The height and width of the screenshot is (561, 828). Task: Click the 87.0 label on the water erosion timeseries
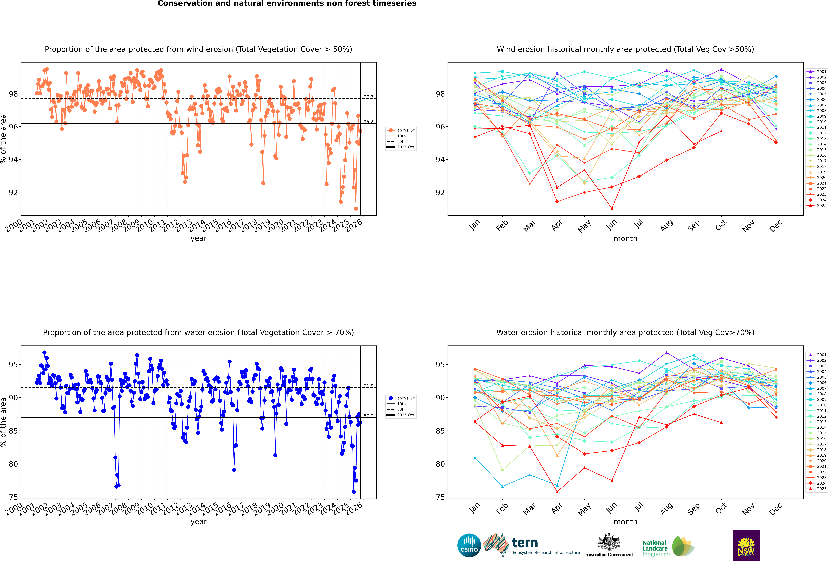click(368, 416)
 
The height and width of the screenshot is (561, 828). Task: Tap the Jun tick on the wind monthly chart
click(611, 224)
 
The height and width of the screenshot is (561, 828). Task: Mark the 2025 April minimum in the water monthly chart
click(557, 492)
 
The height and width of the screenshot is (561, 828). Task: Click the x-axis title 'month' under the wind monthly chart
click(625, 239)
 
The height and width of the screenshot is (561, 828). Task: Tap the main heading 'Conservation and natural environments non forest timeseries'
click(287, 4)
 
